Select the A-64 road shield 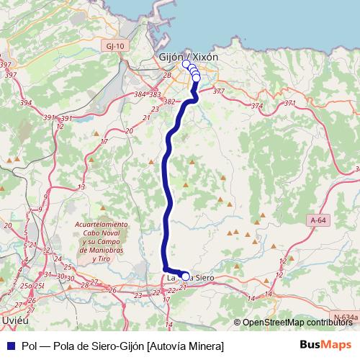coord(318,220)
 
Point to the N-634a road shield coord(345,315)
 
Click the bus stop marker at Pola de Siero coord(185,276)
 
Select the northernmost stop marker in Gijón coord(186,64)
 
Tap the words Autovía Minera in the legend coord(185,346)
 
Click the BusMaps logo coord(326,346)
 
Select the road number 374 coord(257,106)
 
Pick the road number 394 coord(27,103)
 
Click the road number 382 coord(170,102)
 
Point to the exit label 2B coord(168,75)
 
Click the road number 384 coord(140,94)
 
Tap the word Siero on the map coord(202,276)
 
